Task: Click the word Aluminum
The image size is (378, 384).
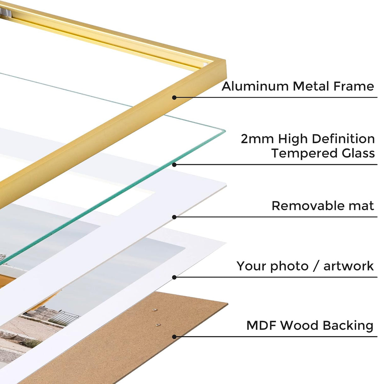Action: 255,86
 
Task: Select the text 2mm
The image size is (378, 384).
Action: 257,139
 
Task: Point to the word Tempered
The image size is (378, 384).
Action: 304,153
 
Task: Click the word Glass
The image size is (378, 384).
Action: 358,153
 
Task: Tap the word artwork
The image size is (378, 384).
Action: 348,266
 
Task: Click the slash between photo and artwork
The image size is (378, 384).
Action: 316,266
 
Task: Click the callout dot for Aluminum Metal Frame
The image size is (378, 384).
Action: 174,98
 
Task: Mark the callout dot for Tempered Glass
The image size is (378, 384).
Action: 174,165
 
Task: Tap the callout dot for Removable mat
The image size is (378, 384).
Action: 174,217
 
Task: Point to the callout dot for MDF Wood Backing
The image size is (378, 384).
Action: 174,337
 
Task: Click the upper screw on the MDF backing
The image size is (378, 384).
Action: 154,310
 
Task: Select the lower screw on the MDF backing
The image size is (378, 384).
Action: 158,325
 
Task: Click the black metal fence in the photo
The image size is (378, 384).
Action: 64,318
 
